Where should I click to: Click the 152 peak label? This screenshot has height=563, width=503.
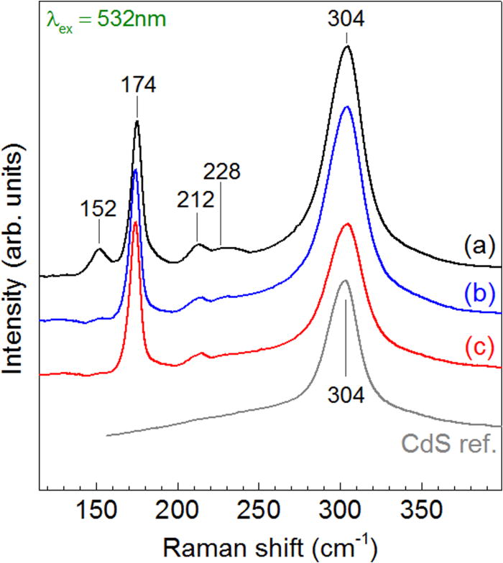click(98, 209)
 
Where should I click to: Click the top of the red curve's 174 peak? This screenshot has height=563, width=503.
click(135, 223)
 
